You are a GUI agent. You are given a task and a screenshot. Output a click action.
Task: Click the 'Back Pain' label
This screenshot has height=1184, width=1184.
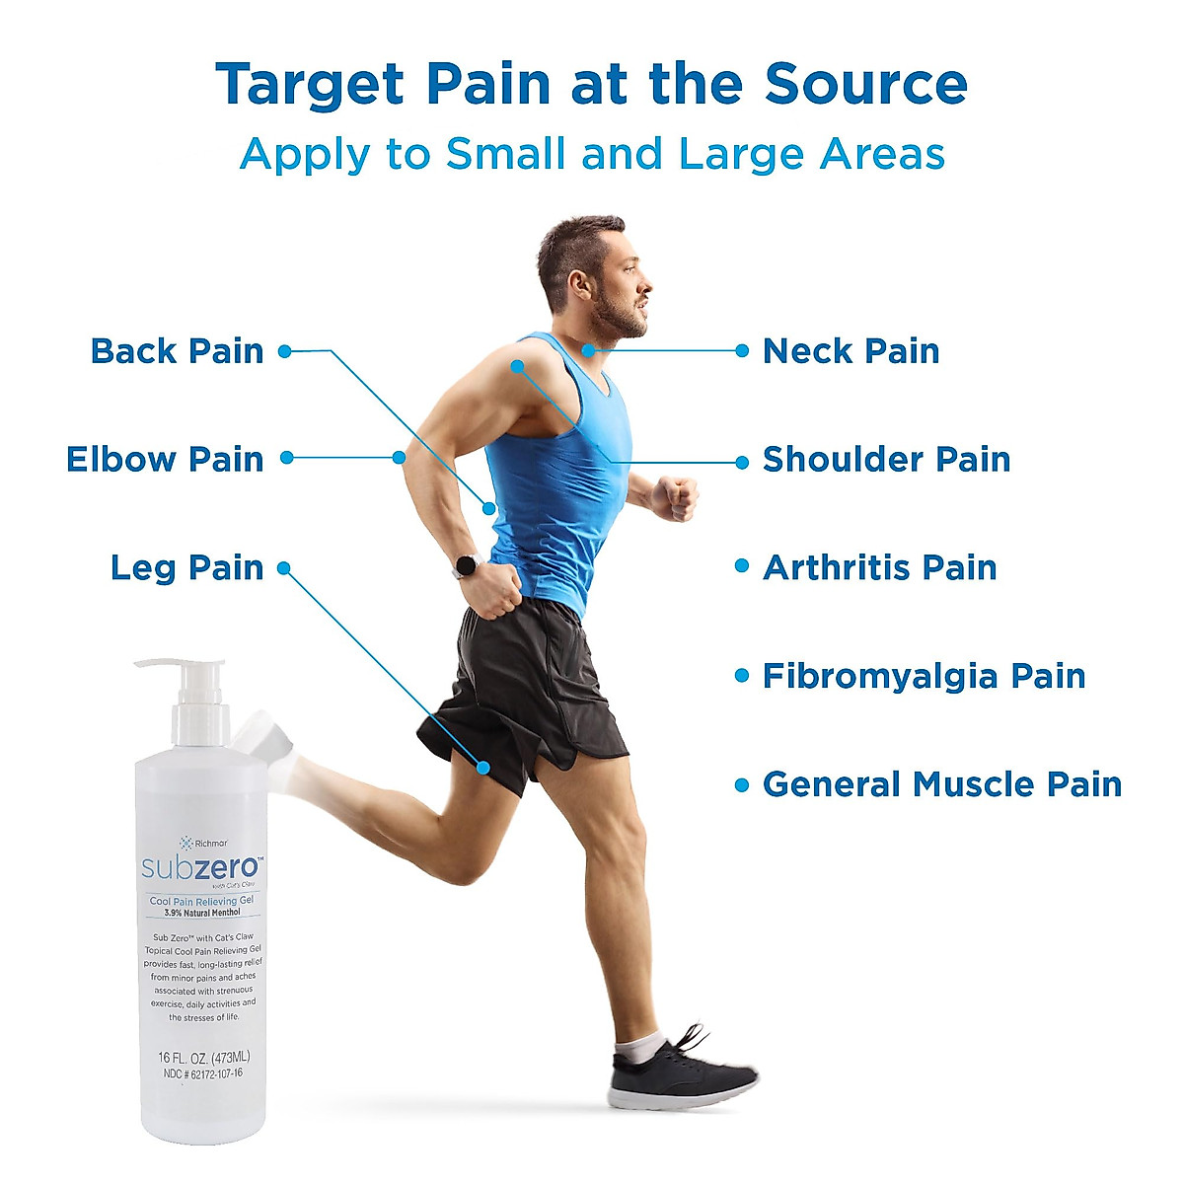click(x=178, y=351)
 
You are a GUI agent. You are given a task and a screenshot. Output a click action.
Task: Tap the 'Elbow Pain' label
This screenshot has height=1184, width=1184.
click(x=165, y=460)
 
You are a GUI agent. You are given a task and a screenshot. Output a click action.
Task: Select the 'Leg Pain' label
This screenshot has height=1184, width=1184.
click(x=186, y=568)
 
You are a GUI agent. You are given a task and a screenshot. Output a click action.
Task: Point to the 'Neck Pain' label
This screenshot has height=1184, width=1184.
click(x=851, y=351)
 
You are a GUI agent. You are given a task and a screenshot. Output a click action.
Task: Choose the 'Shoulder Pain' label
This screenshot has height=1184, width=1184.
click(x=886, y=460)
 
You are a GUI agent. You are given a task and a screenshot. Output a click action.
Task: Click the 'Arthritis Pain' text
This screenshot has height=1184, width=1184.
click(x=879, y=568)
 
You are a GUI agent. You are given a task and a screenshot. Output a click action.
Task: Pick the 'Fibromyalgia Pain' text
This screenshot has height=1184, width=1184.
click(x=924, y=677)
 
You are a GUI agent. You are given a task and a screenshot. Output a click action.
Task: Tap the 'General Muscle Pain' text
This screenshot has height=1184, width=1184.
click(x=942, y=785)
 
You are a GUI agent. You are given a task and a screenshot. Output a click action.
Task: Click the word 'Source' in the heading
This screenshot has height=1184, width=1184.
click(x=865, y=85)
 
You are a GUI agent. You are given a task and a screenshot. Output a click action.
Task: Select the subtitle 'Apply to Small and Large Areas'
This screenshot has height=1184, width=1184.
click(x=592, y=155)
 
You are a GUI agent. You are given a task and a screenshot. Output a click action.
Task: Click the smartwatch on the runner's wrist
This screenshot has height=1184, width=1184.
click(x=465, y=565)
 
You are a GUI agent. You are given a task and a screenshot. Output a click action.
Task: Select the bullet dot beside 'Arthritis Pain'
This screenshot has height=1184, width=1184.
click(x=742, y=567)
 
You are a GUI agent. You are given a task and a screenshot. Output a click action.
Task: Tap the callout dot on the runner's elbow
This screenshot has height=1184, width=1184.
click(x=399, y=457)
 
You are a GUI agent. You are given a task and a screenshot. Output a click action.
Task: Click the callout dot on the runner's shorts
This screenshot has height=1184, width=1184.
click(x=483, y=767)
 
